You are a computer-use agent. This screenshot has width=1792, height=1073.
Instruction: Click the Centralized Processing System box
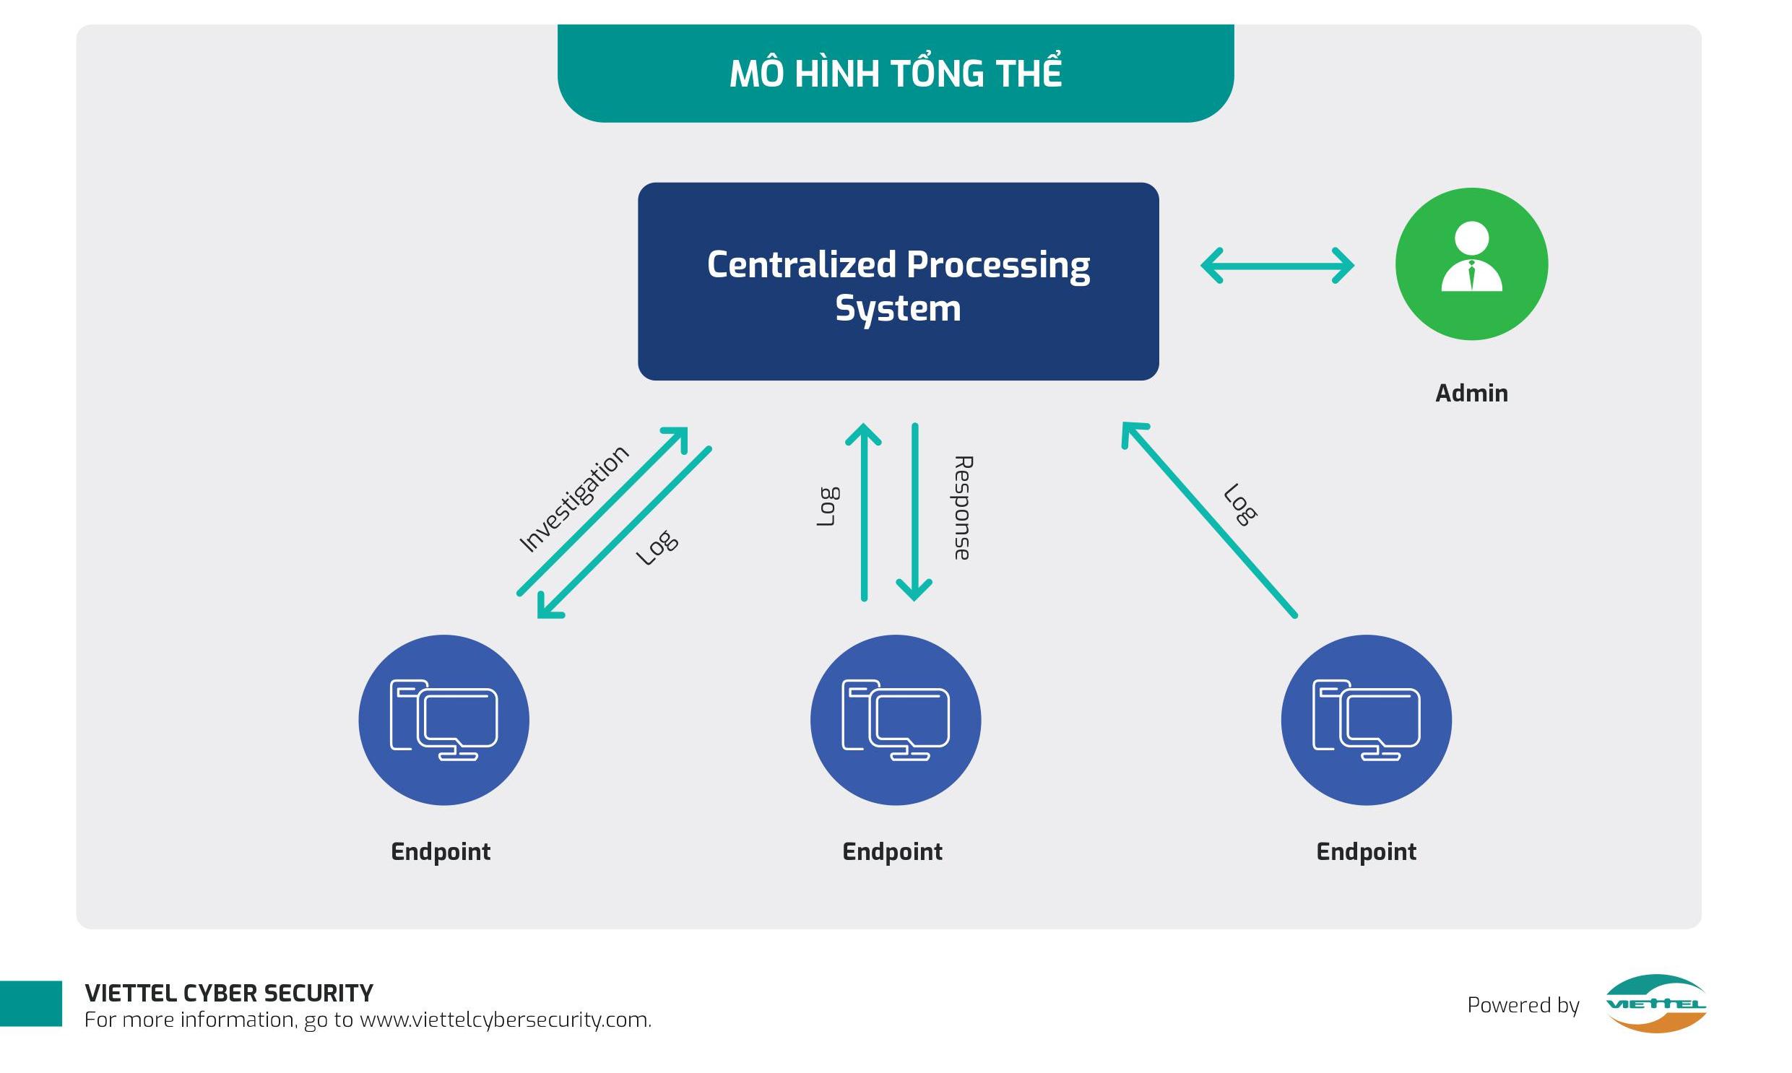(x=899, y=282)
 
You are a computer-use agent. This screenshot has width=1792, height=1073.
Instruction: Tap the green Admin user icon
(x=1471, y=264)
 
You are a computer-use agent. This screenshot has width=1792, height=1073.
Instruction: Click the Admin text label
(x=1471, y=394)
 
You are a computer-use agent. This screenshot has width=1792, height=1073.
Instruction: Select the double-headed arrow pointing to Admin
(x=1277, y=265)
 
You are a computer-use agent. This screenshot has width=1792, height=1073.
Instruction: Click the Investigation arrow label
(x=574, y=498)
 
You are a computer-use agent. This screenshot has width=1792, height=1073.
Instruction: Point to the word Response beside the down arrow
(x=963, y=508)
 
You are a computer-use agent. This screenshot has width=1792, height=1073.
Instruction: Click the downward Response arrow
(x=915, y=512)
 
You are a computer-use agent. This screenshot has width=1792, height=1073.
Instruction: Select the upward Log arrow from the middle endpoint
(x=863, y=512)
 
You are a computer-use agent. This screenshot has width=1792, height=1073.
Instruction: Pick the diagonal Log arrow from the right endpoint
(x=1208, y=519)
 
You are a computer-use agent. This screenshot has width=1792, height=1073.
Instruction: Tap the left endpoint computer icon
(x=444, y=720)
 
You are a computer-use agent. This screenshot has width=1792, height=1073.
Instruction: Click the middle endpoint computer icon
(x=895, y=720)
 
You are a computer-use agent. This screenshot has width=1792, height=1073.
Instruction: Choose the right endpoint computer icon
(x=1366, y=720)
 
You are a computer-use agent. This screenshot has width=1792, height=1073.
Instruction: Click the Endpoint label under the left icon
(x=441, y=852)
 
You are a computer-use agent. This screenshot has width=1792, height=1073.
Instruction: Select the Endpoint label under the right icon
(x=1366, y=852)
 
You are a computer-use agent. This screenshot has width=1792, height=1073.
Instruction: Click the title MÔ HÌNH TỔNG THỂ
(x=895, y=72)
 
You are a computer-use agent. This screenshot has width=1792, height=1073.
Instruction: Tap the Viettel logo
(x=1655, y=1004)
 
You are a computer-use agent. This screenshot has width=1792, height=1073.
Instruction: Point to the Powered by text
(x=1523, y=1006)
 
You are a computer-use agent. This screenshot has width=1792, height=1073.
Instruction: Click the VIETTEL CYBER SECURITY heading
(x=229, y=994)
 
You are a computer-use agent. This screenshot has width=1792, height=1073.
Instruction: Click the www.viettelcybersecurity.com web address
(x=506, y=1020)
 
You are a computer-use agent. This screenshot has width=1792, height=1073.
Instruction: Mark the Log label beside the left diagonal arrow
(x=657, y=548)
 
